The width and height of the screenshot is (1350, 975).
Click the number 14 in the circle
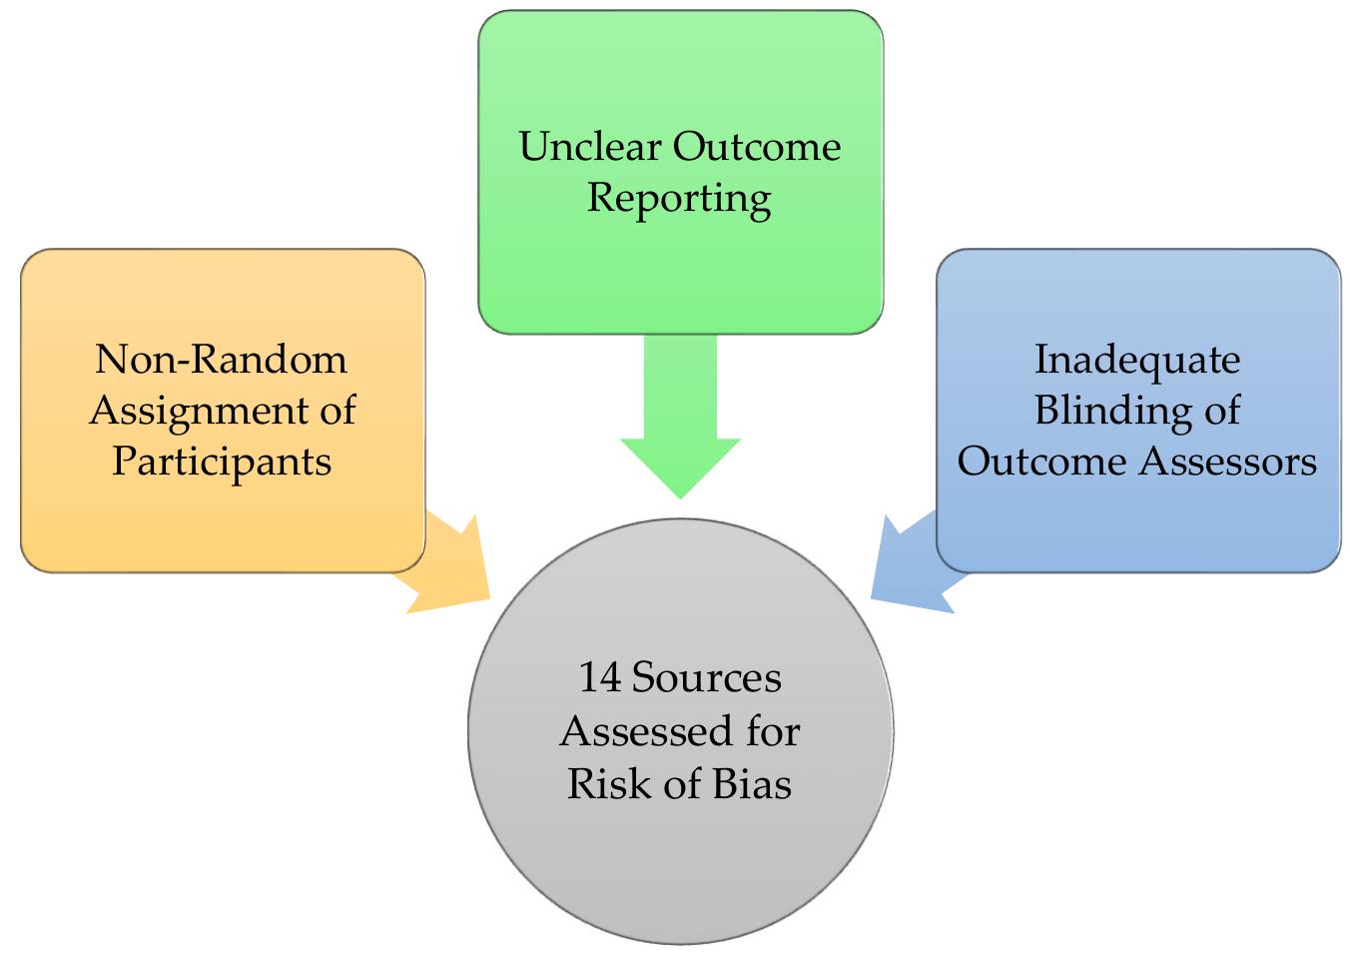point(600,678)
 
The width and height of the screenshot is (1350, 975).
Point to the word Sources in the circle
point(707,678)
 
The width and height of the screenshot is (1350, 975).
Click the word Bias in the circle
point(752,783)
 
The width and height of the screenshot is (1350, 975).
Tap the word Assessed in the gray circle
point(638,731)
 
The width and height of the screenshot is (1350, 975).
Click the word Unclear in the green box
point(590,147)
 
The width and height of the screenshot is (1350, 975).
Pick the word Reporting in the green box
point(679,198)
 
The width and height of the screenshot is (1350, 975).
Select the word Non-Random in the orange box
point(222,359)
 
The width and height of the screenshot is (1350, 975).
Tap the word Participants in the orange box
point(222,462)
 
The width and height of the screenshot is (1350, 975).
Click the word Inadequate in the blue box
point(1137,359)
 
